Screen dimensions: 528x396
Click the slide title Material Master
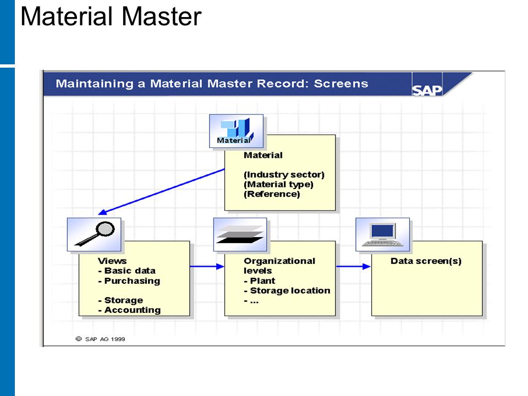click(111, 16)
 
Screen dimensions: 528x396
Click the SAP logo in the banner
click(427, 90)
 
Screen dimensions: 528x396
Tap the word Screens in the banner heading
click(341, 84)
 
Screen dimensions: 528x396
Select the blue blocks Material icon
click(236, 131)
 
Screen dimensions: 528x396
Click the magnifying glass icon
click(94, 234)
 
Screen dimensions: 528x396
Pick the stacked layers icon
click(240, 234)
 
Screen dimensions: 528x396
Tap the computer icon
click(383, 234)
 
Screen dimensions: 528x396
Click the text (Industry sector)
click(284, 175)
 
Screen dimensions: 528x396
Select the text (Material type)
click(278, 185)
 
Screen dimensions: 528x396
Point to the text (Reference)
click(272, 194)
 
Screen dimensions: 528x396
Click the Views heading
click(112, 261)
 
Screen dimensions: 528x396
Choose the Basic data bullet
click(127, 271)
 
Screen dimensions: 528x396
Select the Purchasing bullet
click(129, 281)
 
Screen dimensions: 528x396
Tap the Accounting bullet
click(129, 310)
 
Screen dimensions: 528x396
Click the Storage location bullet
click(287, 290)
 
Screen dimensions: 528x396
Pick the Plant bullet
click(259, 281)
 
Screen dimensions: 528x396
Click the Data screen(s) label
click(426, 261)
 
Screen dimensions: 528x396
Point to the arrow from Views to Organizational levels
click(207, 267)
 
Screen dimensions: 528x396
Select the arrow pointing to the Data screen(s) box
click(354, 267)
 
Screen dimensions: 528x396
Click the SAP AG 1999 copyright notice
click(100, 339)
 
